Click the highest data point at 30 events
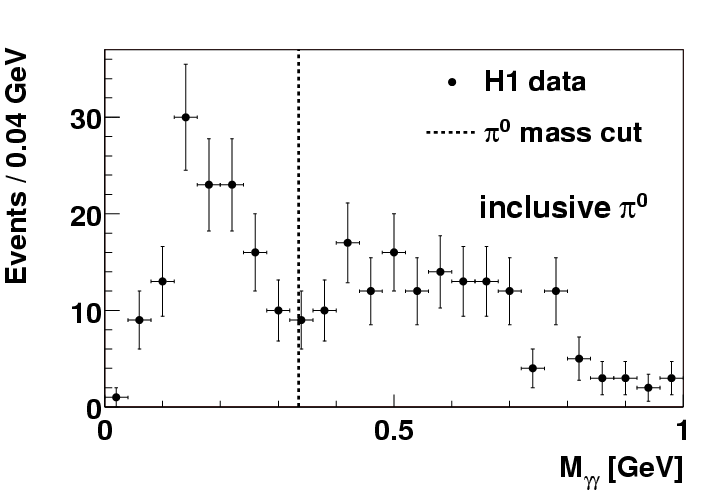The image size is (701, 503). tap(185, 117)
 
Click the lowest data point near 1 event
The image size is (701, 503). tap(116, 397)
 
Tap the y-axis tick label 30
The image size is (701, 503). tap(79, 118)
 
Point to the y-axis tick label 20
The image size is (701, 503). tap(79, 215)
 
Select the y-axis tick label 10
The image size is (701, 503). tap(79, 311)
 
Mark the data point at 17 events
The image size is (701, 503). tap(347, 242)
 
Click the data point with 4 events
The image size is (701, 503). tap(532, 368)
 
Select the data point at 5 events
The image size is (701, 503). tap(579, 358)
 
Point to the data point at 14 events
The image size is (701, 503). tap(440, 271)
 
